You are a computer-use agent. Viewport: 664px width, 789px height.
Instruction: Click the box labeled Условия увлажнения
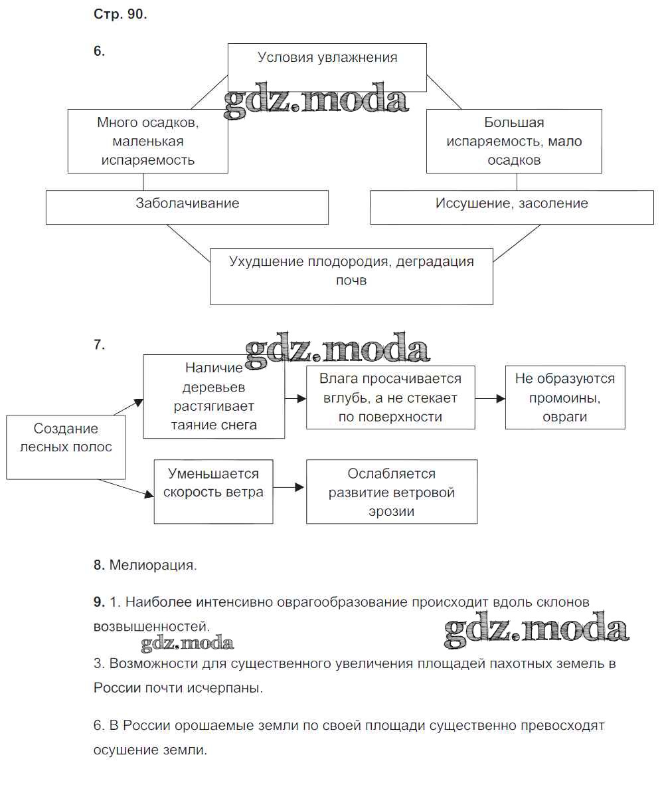[327, 67]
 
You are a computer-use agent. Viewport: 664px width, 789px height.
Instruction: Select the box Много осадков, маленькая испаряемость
[147, 141]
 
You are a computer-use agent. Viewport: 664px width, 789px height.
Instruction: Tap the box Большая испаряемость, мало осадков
[514, 141]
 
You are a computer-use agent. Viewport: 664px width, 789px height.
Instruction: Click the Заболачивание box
[187, 207]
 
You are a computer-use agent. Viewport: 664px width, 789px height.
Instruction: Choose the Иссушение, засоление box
[511, 207]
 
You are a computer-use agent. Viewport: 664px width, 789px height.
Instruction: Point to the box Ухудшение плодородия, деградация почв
[351, 276]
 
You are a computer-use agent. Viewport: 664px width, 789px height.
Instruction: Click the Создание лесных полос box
[66, 447]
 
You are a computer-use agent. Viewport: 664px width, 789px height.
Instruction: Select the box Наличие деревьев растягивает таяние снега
[214, 396]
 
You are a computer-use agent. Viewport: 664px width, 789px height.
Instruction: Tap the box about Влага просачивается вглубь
[390, 397]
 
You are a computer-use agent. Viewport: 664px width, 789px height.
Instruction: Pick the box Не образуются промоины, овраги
[565, 397]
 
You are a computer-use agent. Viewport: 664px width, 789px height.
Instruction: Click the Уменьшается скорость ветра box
[213, 491]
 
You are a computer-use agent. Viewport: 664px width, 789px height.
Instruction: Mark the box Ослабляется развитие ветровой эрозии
[391, 492]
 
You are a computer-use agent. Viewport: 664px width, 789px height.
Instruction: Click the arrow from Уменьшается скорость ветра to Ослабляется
[289, 488]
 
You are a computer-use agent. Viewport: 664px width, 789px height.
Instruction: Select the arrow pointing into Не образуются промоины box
[490, 398]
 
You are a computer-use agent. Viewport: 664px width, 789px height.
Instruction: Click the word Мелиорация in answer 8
[153, 566]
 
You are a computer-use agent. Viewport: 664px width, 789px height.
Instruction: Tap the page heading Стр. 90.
[120, 15]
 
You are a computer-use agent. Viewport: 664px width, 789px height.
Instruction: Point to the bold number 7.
[99, 344]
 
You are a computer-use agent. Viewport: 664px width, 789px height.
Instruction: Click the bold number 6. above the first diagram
[99, 51]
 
